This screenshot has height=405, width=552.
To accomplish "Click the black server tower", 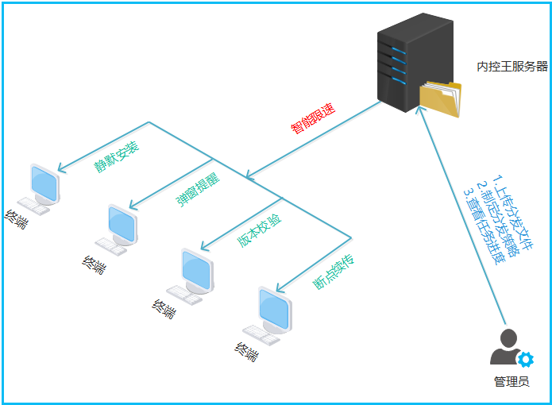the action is [415, 62].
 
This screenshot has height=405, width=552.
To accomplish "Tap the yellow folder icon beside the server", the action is [440, 99].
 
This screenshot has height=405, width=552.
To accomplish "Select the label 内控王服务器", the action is [512, 66].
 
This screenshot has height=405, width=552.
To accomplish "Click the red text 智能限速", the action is [313, 118].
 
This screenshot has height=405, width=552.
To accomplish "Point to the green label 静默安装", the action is [117, 157].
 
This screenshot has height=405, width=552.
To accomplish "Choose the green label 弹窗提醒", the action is [198, 189].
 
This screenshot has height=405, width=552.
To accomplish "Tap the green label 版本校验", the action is [260, 230].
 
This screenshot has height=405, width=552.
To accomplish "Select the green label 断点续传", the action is [333, 272].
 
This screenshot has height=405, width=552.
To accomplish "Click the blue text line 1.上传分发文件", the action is [512, 212].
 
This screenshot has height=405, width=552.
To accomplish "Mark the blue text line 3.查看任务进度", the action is [484, 226].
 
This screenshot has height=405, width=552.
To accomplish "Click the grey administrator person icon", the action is [508, 346].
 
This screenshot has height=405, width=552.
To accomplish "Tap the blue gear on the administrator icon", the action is [526, 359].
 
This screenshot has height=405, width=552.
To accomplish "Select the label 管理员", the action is [511, 382].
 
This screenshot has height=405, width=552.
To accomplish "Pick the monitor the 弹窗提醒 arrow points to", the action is [122, 225].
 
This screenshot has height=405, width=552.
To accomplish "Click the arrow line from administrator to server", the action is [462, 215].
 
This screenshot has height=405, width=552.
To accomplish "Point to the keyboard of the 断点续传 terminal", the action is [261, 335].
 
